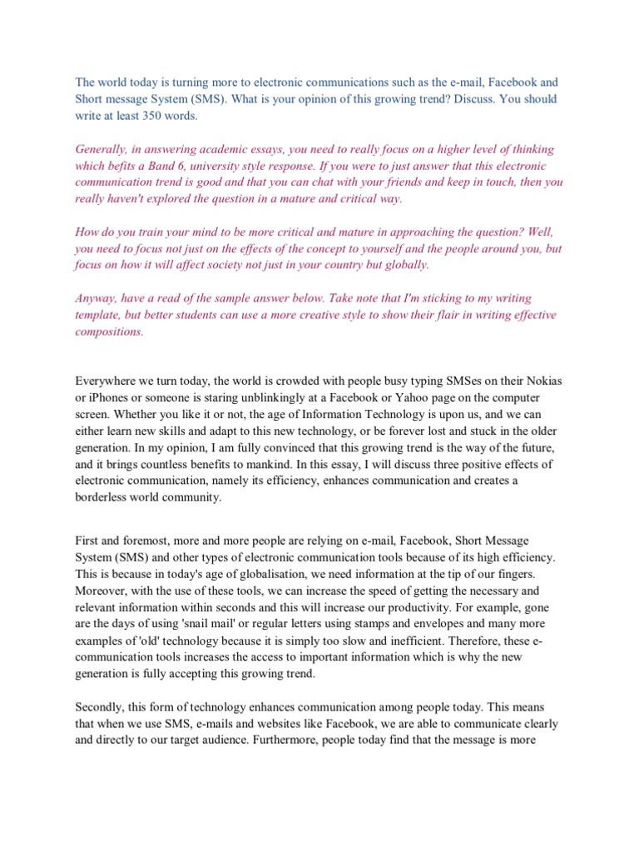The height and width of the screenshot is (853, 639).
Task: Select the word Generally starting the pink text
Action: (x=102, y=149)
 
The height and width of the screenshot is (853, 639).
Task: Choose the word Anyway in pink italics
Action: (x=95, y=298)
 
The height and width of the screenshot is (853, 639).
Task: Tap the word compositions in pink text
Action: (x=109, y=332)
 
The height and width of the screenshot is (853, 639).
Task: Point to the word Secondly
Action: (x=100, y=707)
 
